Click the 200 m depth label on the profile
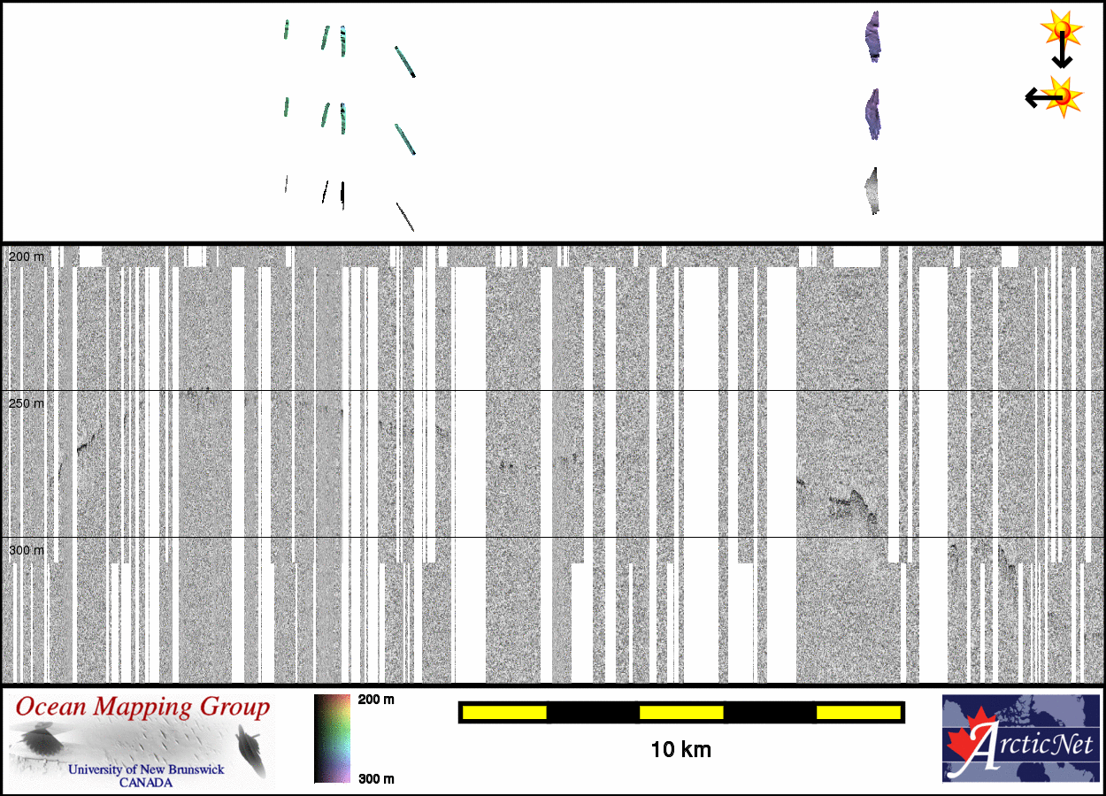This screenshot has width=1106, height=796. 26,256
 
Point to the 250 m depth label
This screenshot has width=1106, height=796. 26,403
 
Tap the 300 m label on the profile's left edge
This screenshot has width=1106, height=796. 26,550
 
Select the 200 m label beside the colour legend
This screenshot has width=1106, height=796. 376,700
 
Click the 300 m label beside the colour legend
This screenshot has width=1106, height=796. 376,778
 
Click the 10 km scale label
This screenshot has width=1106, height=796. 680,750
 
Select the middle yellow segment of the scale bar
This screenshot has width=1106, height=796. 681,712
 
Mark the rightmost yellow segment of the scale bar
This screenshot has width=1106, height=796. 858,712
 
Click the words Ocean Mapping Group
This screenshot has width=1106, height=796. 142,708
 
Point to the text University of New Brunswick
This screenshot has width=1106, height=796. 146,769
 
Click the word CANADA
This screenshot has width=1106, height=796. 146,782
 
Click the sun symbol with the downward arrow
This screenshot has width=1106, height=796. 1061,30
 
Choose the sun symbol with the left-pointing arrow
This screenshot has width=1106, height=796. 1063,96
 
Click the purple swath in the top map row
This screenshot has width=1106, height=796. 873,37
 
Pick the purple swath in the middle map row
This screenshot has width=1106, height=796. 873,115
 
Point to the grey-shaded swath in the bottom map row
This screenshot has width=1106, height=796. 873,191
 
